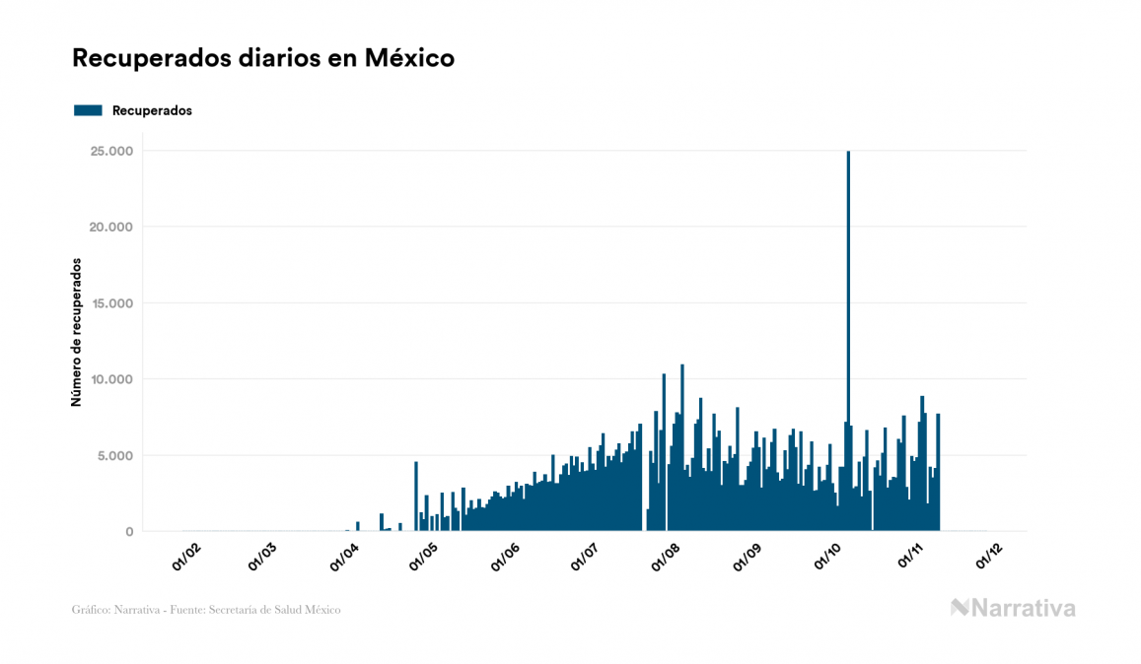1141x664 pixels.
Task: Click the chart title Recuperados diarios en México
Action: (x=263, y=58)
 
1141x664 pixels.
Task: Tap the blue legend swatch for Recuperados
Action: (x=88, y=110)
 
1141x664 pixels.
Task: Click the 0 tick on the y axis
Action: (x=129, y=532)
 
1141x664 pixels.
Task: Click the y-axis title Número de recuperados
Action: (x=76, y=333)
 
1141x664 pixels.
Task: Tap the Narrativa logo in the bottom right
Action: (x=1013, y=608)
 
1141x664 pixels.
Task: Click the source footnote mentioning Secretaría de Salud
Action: (x=206, y=610)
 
